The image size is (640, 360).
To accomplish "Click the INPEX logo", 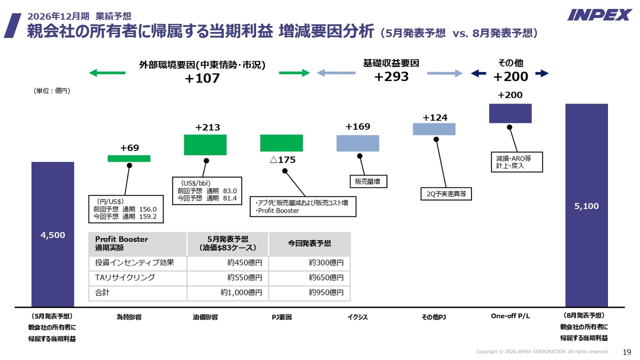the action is pos(599,15).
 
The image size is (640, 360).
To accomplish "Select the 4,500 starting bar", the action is pos(53,234).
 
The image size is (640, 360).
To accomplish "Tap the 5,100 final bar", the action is pos(586,205).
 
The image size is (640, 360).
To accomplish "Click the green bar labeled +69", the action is pos(129,158).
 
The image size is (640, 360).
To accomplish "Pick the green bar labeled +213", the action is pos(205,145).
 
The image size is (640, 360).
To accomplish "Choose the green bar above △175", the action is pos(281,143).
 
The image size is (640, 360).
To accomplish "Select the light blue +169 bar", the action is pos(357,143).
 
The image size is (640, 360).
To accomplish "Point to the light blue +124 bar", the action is pos(434,129).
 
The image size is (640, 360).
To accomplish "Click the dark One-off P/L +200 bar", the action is pos(510,113).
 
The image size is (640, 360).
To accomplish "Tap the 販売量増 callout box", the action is pos(368,181).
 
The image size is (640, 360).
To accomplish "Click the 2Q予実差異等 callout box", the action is pos(446,193).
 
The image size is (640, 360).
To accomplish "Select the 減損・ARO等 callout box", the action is pos(517,162).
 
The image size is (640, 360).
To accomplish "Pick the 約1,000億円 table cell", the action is pos(228,292).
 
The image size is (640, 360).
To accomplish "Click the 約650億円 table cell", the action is pos(309,277).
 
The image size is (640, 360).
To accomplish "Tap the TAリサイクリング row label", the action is pos(125,277).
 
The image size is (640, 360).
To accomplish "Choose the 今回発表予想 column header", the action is pos(309,243).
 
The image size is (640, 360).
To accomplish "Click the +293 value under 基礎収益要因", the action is pos(391,76).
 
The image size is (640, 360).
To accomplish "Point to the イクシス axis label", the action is pos(357,317).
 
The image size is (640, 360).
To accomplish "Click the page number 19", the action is pos(627,352).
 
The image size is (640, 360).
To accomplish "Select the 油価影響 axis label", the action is pos(205,317).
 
